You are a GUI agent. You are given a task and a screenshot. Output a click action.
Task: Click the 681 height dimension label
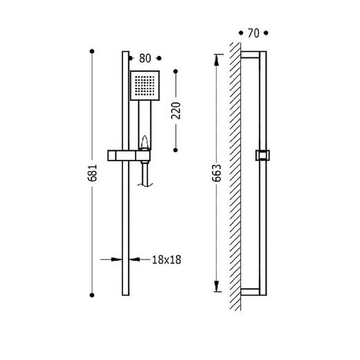[x=92, y=173]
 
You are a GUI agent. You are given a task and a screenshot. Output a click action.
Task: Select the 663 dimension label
[x=217, y=173]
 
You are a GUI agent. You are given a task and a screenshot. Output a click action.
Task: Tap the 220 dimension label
[x=176, y=111]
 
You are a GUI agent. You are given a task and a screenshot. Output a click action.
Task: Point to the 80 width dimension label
[x=145, y=58]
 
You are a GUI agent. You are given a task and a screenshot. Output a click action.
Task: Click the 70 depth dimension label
[x=253, y=33]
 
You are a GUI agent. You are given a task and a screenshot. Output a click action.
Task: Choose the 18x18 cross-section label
[x=166, y=260]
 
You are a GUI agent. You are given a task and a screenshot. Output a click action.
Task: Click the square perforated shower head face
[x=145, y=86]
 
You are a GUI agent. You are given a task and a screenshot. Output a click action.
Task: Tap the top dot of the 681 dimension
[x=92, y=51]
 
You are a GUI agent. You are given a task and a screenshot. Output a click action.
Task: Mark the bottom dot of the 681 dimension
[x=92, y=295]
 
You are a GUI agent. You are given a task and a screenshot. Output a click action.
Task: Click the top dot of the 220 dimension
[x=176, y=71]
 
